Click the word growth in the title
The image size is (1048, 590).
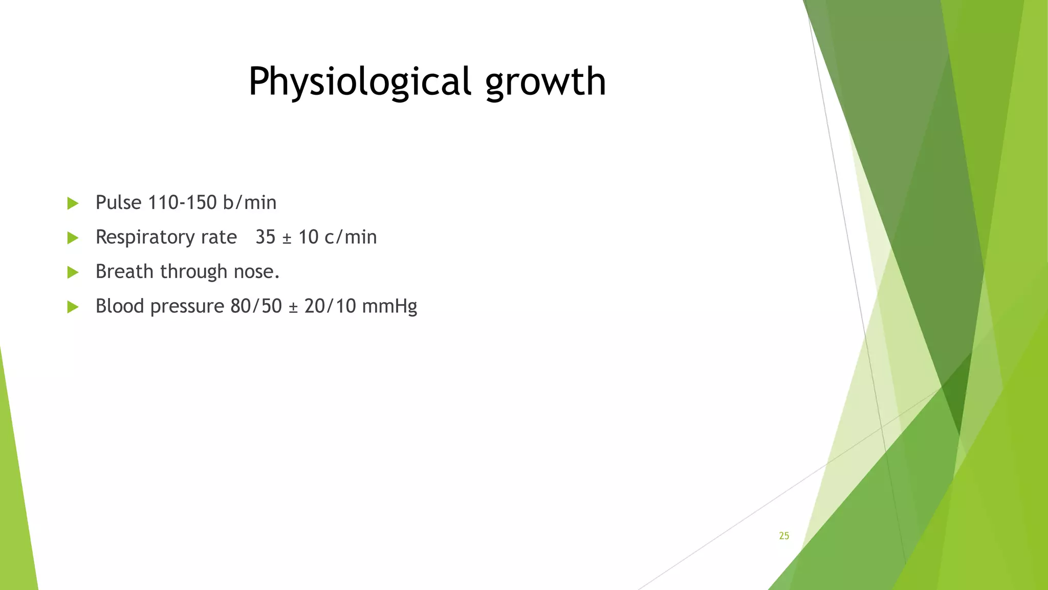(x=545, y=82)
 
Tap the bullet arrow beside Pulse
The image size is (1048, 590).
(x=73, y=203)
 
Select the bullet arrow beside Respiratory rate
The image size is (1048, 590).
(x=73, y=238)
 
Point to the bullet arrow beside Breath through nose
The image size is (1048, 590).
(x=73, y=272)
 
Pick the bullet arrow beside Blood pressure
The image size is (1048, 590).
(x=73, y=307)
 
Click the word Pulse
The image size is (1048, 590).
(x=118, y=203)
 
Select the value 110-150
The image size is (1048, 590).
(x=182, y=203)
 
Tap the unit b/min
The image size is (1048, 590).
(x=250, y=203)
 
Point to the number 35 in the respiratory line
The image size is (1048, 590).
(x=265, y=237)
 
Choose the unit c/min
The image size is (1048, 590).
(x=351, y=237)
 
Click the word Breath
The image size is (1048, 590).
(x=125, y=271)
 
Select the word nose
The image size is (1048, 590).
(x=256, y=272)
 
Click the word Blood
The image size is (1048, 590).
(x=120, y=306)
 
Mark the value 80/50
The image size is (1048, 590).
(x=256, y=306)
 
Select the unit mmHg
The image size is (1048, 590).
(x=389, y=306)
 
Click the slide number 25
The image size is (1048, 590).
(x=784, y=536)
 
